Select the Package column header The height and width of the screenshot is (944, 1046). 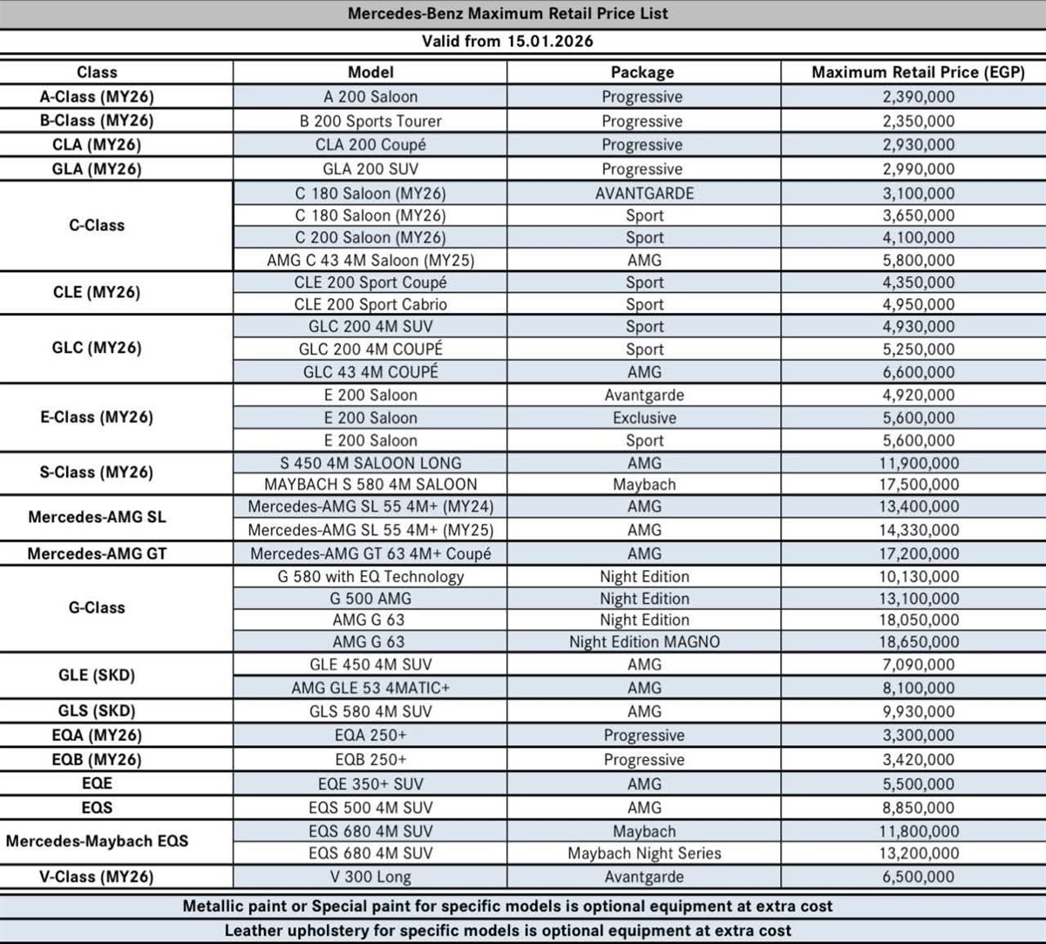[x=642, y=72]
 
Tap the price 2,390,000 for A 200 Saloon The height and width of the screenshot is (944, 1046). [x=912, y=97]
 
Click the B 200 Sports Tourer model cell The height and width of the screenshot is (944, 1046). [x=370, y=121]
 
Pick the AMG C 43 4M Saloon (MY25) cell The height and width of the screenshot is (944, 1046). [x=370, y=260]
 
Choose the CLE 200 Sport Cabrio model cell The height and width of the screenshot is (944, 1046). [x=370, y=304]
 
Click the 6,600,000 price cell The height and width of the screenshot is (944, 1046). [x=912, y=372]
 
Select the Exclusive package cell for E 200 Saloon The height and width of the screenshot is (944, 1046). [x=643, y=418]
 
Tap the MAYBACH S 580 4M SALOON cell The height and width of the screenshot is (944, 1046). [x=370, y=485]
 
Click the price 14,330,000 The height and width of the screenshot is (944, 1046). [x=912, y=530]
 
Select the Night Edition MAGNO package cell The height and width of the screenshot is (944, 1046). [x=643, y=642]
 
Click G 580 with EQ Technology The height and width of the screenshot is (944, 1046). [x=370, y=576]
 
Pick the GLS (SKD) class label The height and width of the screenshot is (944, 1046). [x=97, y=710]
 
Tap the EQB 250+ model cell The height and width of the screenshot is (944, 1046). [x=370, y=759]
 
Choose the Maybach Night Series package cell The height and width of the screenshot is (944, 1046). [x=644, y=853]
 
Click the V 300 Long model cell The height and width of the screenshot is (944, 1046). [x=370, y=877]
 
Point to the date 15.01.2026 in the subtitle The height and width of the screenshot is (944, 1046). [x=551, y=41]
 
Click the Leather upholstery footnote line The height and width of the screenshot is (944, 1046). [x=507, y=930]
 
